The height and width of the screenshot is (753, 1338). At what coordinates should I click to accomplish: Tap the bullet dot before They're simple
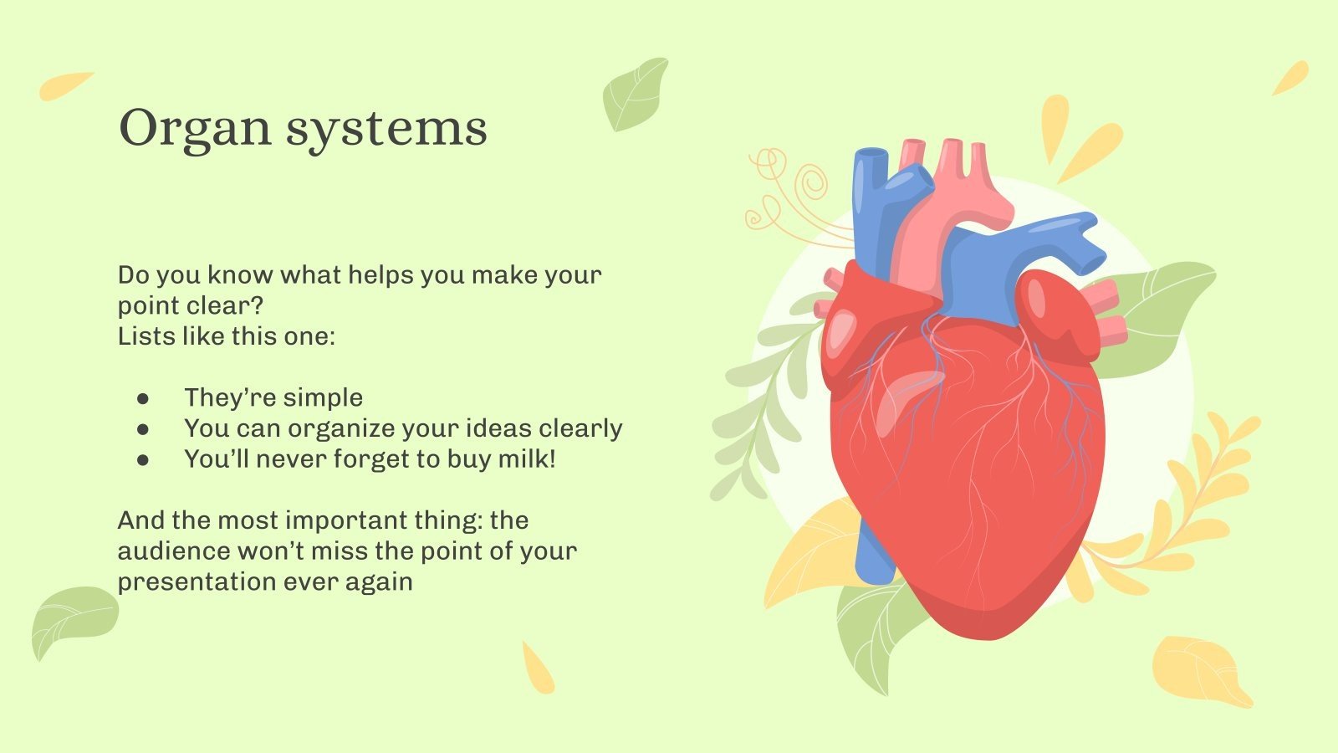(143, 398)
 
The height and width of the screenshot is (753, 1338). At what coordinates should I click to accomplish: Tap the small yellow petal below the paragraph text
(537, 668)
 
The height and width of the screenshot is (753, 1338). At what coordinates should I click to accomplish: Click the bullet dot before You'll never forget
(143, 459)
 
